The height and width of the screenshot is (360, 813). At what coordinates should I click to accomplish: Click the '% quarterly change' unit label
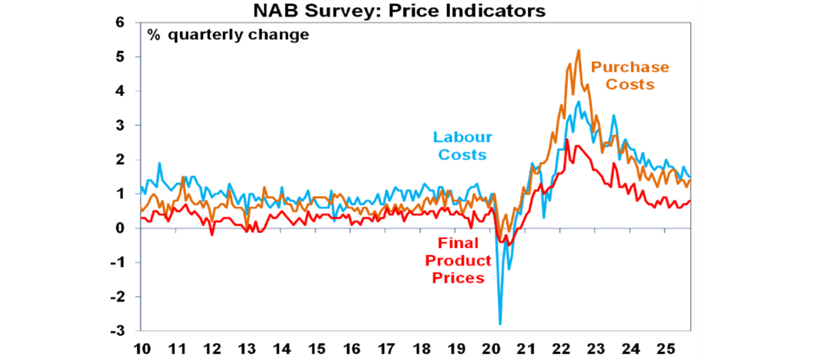click(x=228, y=35)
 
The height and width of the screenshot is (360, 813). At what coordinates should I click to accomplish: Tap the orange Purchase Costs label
click(x=630, y=76)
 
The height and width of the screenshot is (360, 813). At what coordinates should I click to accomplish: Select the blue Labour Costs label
click(x=463, y=146)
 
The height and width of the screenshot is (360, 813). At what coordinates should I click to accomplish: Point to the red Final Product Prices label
click(x=458, y=260)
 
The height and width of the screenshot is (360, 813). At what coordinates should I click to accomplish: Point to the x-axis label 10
click(x=142, y=349)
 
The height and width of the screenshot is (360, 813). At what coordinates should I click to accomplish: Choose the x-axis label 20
click(x=491, y=349)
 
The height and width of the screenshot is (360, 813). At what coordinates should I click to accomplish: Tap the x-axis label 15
click(x=317, y=349)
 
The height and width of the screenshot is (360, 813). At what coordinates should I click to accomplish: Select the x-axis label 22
click(x=561, y=349)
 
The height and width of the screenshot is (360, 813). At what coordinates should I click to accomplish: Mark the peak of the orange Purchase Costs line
click(x=579, y=50)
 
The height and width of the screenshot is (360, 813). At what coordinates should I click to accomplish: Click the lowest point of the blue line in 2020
click(x=500, y=324)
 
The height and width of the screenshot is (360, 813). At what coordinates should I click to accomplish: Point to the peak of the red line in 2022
click(x=567, y=139)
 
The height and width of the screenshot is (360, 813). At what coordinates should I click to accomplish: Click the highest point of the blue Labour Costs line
click(x=579, y=102)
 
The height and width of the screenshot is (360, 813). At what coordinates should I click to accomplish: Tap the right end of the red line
click(x=690, y=201)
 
